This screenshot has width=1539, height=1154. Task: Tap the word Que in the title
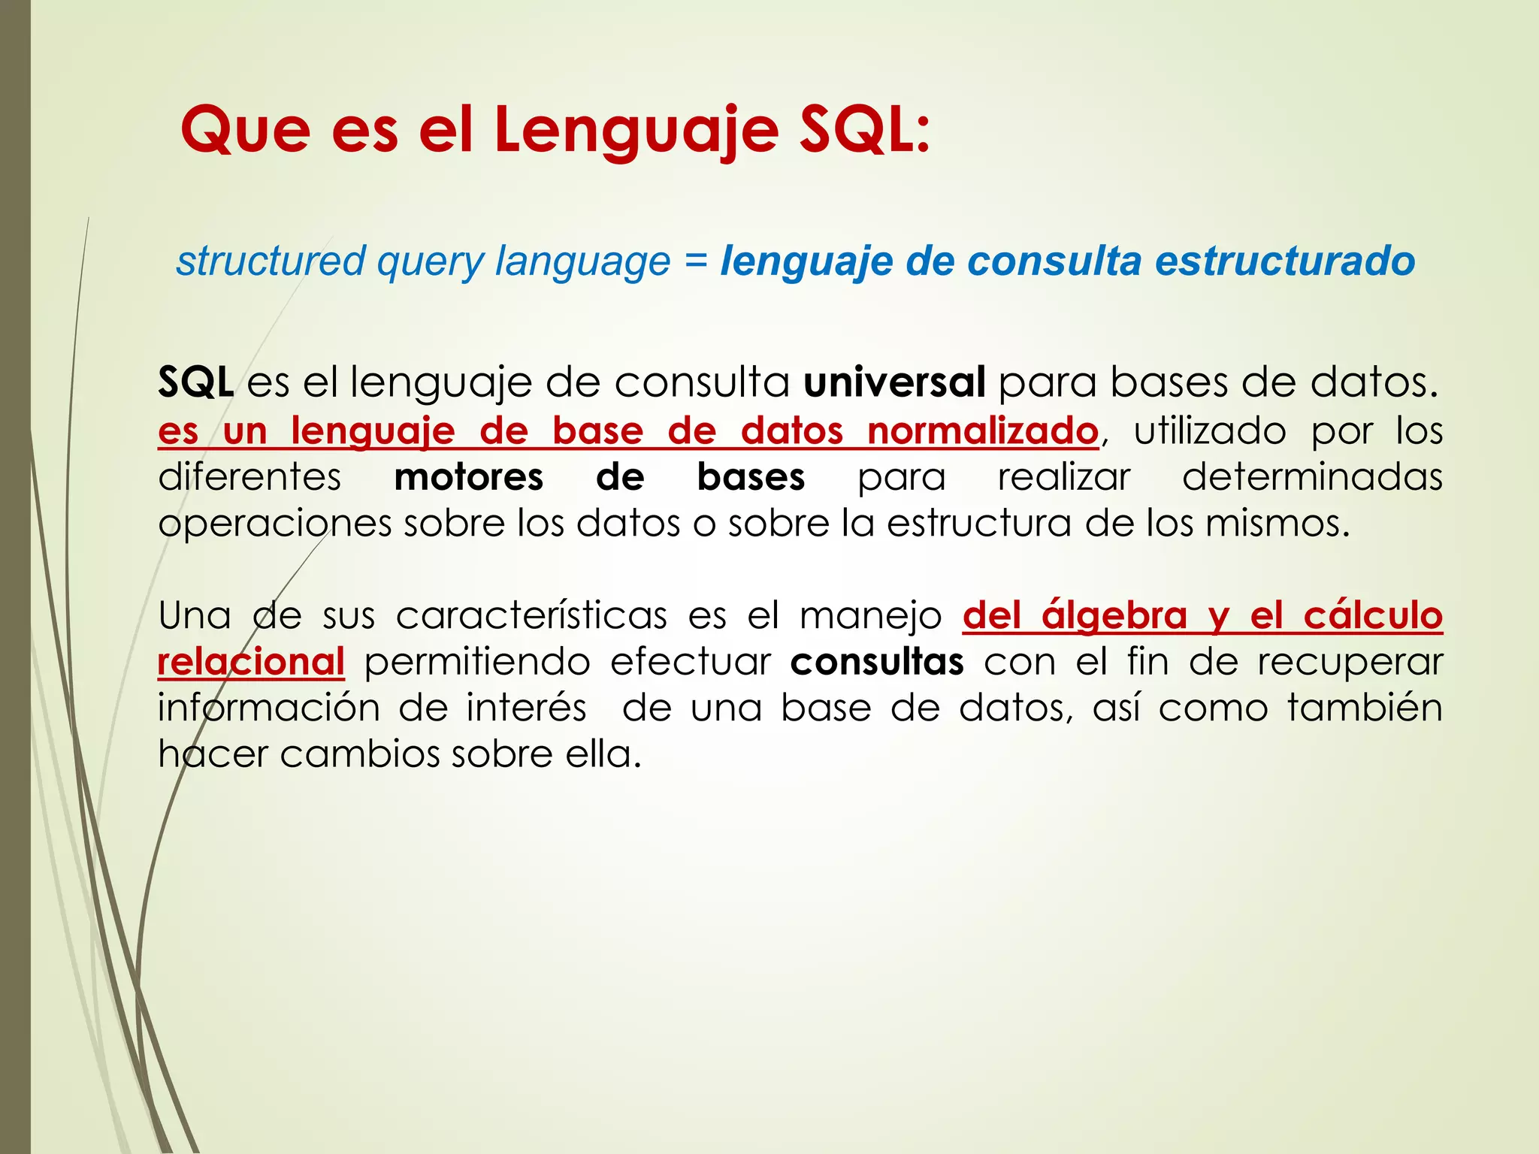(245, 130)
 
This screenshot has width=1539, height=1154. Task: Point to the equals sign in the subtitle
(695, 261)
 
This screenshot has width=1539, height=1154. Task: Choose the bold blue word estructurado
(1284, 261)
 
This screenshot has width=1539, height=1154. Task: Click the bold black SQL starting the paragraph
(195, 382)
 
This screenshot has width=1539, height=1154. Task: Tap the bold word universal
(894, 382)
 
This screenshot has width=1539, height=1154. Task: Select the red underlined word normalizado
(983, 431)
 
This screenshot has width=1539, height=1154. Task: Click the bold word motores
(468, 478)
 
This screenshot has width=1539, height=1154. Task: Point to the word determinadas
(1312, 478)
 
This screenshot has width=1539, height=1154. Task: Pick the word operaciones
(274, 524)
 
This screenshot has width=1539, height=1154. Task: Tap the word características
(531, 616)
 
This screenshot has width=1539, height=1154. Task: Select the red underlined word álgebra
(1114, 616)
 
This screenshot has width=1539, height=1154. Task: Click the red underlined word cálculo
(1373, 616)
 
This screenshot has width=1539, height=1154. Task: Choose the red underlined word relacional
(251, 662)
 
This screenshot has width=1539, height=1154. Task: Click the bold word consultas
(877, 662)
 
